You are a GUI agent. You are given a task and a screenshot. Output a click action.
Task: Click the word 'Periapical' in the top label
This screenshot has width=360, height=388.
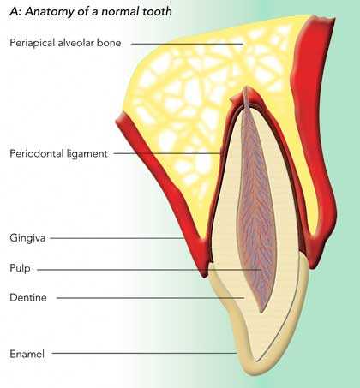click(33, 43)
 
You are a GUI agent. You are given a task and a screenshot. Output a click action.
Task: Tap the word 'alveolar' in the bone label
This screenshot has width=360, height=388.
click(75, 43)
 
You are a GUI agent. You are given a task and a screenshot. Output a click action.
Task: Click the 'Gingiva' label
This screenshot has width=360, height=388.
click(27, 238)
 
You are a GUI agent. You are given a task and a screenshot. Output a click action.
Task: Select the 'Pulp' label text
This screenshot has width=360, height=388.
click(20, 269)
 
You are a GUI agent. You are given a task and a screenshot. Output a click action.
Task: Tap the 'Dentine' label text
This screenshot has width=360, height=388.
click(28, 297)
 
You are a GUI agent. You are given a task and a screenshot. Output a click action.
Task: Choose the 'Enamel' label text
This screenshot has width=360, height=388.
click(27, 354)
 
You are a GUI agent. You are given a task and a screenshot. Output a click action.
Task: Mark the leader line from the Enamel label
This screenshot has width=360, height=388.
click(144, 354)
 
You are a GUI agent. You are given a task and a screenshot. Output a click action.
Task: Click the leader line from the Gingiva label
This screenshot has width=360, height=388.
click(117, 238)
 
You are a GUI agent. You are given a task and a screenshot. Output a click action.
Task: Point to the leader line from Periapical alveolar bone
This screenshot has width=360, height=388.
click(187, 44)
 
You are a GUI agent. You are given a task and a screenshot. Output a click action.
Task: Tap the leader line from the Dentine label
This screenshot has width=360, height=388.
click(151, 298)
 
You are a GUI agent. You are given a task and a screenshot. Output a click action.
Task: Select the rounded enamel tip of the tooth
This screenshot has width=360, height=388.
click(252, 368)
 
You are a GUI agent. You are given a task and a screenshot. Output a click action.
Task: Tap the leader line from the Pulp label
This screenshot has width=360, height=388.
click(149, 270)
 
